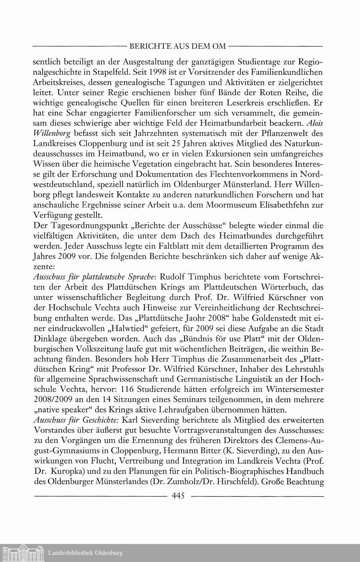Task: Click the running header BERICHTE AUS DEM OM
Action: [x=177, y=46]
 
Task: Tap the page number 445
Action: [x=178, y=496]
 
